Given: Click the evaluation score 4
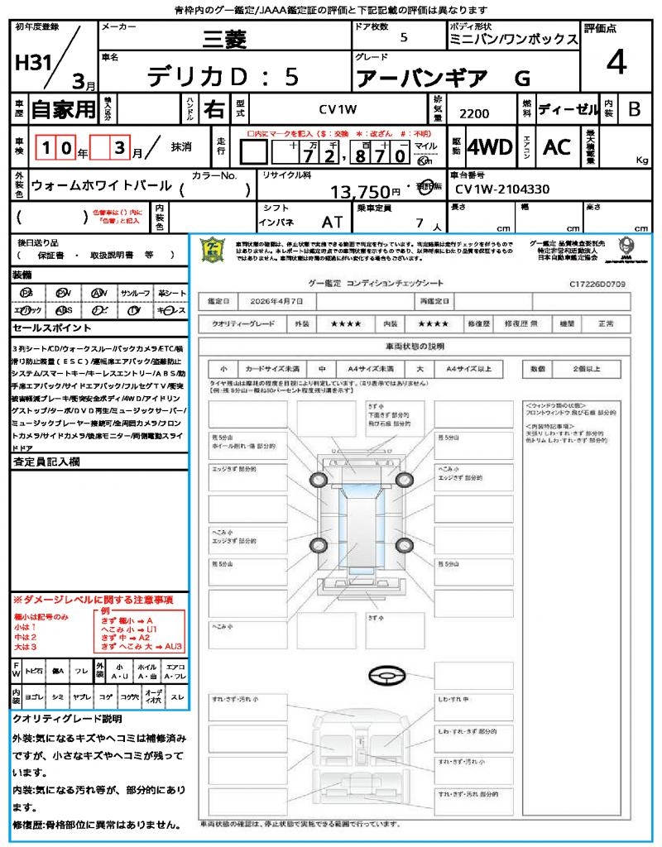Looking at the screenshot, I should pyautogui.click(x=616, y=63).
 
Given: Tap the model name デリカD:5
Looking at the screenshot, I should pyautogui.click(x=223, y=76).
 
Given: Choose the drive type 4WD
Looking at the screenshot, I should pyautogui.click(x=489, y=147).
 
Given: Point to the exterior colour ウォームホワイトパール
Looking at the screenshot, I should pyautogui.click(x=101, y=186).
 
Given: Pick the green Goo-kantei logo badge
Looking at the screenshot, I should pyautogui.click(x=213, y=250).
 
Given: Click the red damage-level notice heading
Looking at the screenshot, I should pyautogui.click(x=93, y=599).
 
